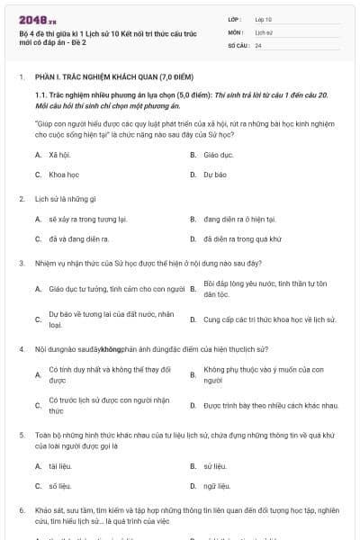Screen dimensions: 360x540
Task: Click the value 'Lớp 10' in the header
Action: (264, 18)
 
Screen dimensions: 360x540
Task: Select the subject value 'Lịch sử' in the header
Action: (263, 31)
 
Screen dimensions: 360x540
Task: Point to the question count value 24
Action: (258, 44)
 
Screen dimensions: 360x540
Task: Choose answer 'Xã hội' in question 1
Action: (59, 155)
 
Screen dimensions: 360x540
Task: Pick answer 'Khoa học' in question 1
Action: (64, 175)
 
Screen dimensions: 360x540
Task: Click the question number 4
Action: (21, 347)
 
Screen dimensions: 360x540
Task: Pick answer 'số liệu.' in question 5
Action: (60, 486)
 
